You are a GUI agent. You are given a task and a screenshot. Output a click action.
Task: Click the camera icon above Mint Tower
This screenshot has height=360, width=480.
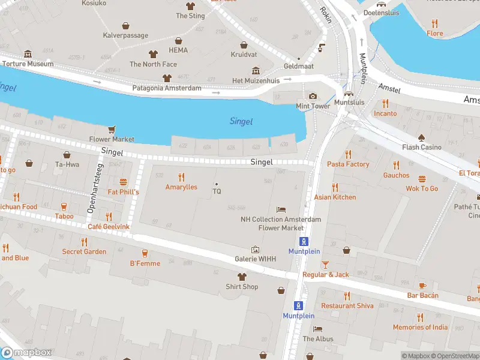pyautogui.click(x=313, y=96)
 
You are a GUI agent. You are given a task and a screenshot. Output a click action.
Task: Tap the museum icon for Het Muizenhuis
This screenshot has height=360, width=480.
pyautogui.click(x=256, y=71)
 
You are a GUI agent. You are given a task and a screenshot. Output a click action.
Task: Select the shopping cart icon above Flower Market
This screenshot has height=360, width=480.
pyautogui.click(x=112, y=130)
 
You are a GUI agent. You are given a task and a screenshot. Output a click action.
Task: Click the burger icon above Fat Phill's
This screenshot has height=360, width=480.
pyautogui.click(x=124, y=182)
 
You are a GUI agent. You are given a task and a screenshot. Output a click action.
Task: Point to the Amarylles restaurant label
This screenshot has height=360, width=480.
pyautogui.click(x=181, y=187)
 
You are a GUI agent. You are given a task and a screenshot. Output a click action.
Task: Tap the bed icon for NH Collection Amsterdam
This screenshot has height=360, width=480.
pyautogui.click(x=281, y=209)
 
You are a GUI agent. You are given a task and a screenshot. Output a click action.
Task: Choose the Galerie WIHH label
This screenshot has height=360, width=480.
pyautogui.click(x=255, y=259)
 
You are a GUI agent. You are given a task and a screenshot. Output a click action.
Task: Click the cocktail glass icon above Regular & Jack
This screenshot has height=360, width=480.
pyautogui.click(x=325, y=265)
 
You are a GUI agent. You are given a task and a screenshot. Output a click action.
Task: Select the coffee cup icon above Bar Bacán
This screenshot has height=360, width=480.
pyautogui.click(x=422, y=285)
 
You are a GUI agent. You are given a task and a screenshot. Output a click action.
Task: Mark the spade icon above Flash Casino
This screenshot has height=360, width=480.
pyautogui.click(x=422, y=137)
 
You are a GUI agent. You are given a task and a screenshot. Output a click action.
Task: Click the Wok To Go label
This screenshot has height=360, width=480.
pyautogui.click(x=422, y=188)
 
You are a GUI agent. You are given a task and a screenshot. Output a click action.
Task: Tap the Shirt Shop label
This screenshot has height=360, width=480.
pyautogui.click(x=242, y=287)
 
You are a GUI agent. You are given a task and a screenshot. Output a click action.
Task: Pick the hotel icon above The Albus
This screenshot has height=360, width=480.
pyautogui.click(x=317, y=329)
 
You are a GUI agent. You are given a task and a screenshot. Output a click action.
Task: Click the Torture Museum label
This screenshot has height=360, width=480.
pyautogui.click(x=28, y=64)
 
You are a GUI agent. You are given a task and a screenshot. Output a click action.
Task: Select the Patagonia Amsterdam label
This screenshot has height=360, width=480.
pyautogui.click(x=167, y=88)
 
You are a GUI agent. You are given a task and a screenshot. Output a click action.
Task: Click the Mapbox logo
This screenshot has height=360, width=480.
pyautogui.click(x=26, y=353)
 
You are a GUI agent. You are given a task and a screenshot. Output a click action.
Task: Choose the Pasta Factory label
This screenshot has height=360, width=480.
pyautogui.click(x=348, y=164)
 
